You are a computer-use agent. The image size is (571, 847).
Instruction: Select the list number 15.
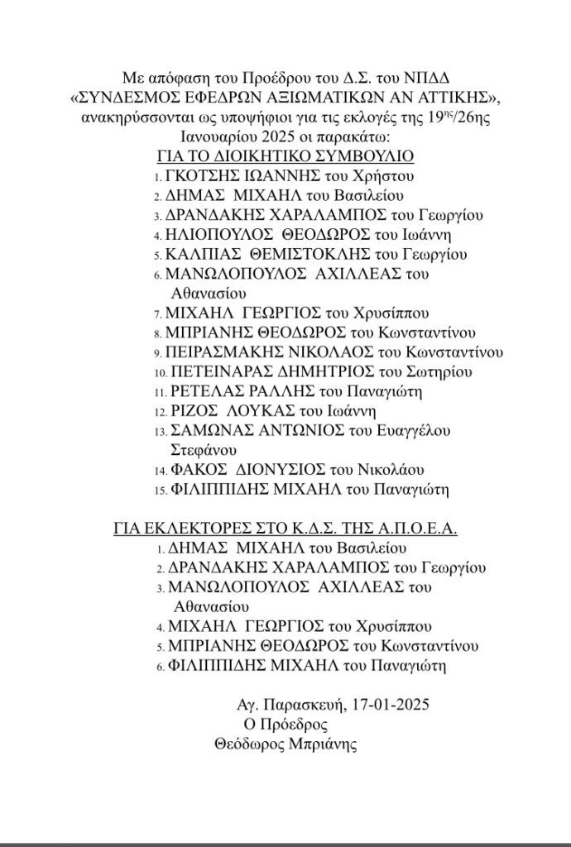tap(161, 490)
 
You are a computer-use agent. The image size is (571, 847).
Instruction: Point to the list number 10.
tap(161, 372)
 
